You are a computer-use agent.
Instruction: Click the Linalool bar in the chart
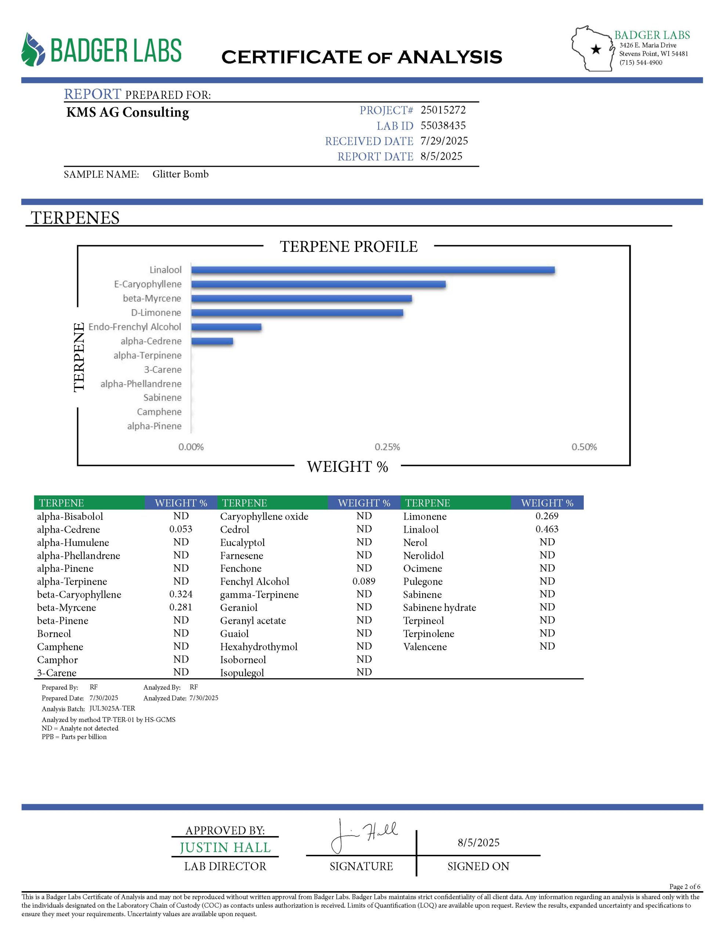(x=372, y=270)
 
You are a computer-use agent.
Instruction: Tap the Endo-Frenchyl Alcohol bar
(x=226, y=327)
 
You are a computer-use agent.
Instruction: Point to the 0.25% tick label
(x=387, y=447)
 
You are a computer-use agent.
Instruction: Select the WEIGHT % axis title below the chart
(x=347, y=467)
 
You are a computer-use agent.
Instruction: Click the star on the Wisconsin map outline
(x=596, y=50)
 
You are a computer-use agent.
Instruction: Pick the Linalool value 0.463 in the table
(x=547, y=529)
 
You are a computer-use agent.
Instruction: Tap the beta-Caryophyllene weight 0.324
(x=181, y=594)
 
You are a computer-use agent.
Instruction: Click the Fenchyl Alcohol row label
(x=254, y=582)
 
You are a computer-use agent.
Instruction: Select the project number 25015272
(x=443, y=110)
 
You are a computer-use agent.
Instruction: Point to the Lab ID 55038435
(x=443, y=125)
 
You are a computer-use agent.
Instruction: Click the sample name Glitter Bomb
(x=180, y=174)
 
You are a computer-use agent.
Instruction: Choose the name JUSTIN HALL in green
(x=225, y=847)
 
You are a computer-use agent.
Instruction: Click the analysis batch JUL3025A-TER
(x=112, y=708)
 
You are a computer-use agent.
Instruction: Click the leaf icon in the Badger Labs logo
(x=33, y=50)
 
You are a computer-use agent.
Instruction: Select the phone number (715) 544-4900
(x=641, y=62)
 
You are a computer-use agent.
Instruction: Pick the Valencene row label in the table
(x=425, y=647)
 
